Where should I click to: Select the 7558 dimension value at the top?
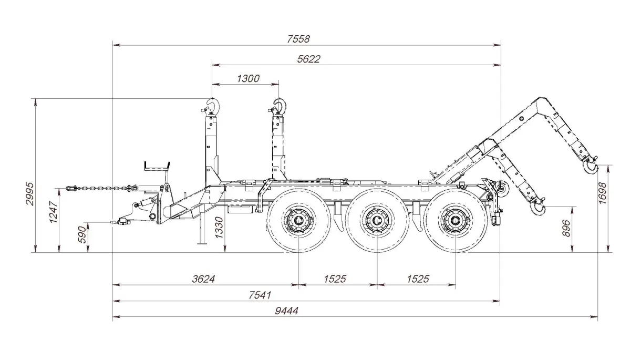click(298, 39)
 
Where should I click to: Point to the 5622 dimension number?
click(308, 59)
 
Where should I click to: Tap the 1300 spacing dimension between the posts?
click(248, 78)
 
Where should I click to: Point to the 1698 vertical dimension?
click(603, 193)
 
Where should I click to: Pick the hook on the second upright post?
click(279, 106)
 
